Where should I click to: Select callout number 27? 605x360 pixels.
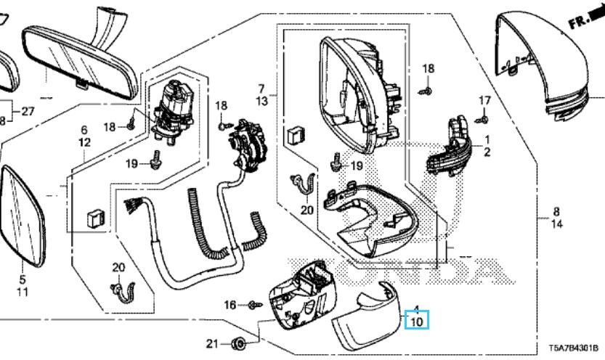[27, 111]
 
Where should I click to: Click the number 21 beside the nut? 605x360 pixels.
[211, 343]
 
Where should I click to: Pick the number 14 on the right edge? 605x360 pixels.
[556, 225]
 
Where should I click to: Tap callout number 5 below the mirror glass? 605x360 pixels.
[21, 279]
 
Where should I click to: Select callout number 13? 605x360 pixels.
[262, 102]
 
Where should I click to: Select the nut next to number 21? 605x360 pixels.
[239, 343]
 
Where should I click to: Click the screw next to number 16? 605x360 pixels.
[253, 305]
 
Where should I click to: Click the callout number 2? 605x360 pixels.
[487, 152]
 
